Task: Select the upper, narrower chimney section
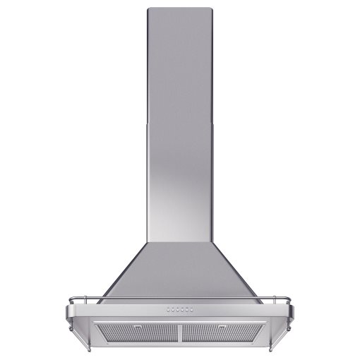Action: point(179,64)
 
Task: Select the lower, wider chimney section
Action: point(179,184)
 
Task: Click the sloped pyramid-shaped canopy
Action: point(179,272)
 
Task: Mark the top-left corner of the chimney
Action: point(149,9)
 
